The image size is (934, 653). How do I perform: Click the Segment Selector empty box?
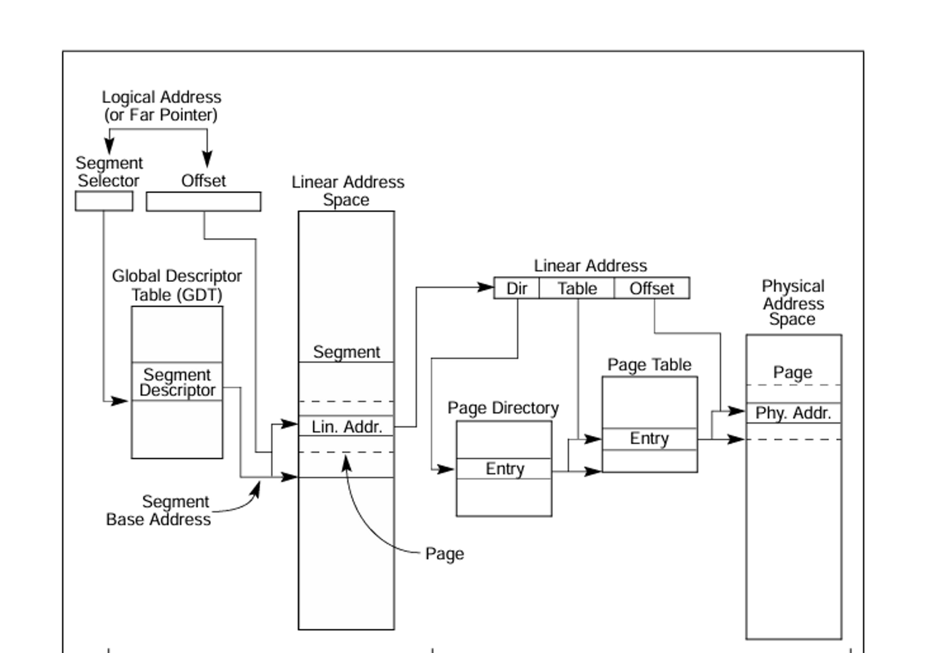(x=104, y=201)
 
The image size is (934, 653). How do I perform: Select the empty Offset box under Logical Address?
(x=204, y=202)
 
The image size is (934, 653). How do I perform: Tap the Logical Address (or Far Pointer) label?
(x=161, y=106)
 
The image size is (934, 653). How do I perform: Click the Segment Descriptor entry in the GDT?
(x=177, y=382)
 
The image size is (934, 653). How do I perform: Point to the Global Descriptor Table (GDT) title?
(x=177, y=286)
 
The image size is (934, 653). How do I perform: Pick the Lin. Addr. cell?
(x=347, y=427)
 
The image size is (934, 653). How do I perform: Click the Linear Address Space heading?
(x=347, y=191)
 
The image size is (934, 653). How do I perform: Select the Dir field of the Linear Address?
(x=517, y=289)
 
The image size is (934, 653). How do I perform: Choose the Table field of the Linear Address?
(x=577, y=289)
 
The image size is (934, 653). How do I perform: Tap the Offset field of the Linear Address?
(x=652, y=289)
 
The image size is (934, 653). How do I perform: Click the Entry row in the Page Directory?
(x=504, y=469)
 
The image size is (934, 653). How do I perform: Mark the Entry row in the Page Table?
(x=649, y=439)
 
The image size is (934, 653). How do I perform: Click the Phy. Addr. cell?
(x=793, y=413)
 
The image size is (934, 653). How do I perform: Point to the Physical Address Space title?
(x=793, y=302)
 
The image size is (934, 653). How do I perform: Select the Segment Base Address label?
(x=159, y=511)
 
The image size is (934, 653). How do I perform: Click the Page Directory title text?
(x=503, y=408)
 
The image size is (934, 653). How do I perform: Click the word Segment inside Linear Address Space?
(x=347, y=352)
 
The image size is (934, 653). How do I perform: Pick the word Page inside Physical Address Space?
(x=792, y=373)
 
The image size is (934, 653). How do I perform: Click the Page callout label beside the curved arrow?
(x=444, y=554)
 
